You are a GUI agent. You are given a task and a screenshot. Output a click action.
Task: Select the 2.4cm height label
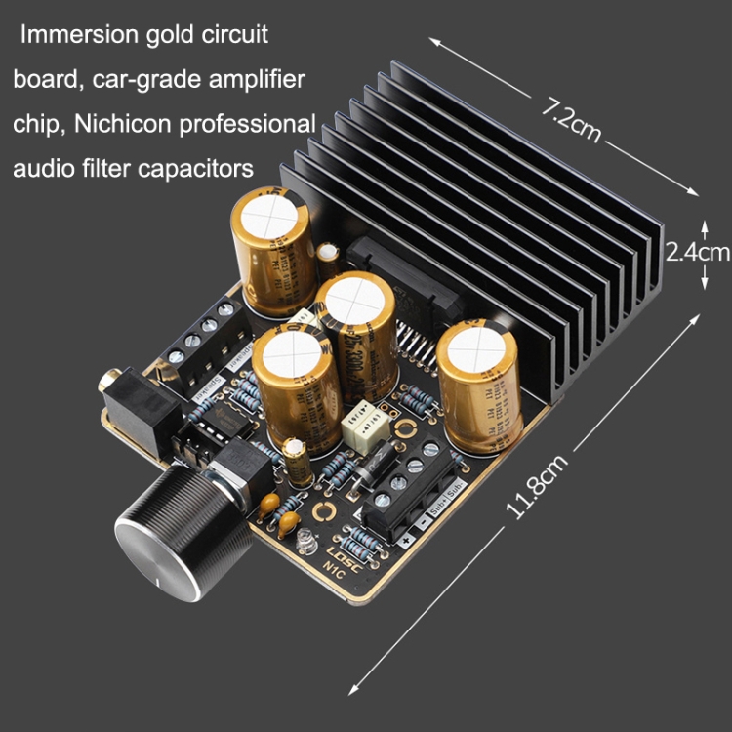pos(697,252)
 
